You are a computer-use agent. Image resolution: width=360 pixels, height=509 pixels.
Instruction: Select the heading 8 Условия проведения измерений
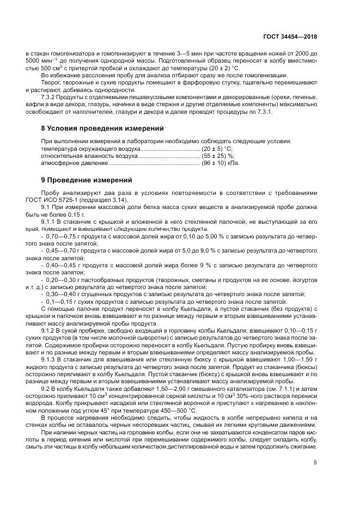point(102,128)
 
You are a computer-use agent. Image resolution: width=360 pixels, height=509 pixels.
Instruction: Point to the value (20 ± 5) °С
point(217,148)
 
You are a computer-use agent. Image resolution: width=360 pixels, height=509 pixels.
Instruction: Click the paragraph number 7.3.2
point(49,97)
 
